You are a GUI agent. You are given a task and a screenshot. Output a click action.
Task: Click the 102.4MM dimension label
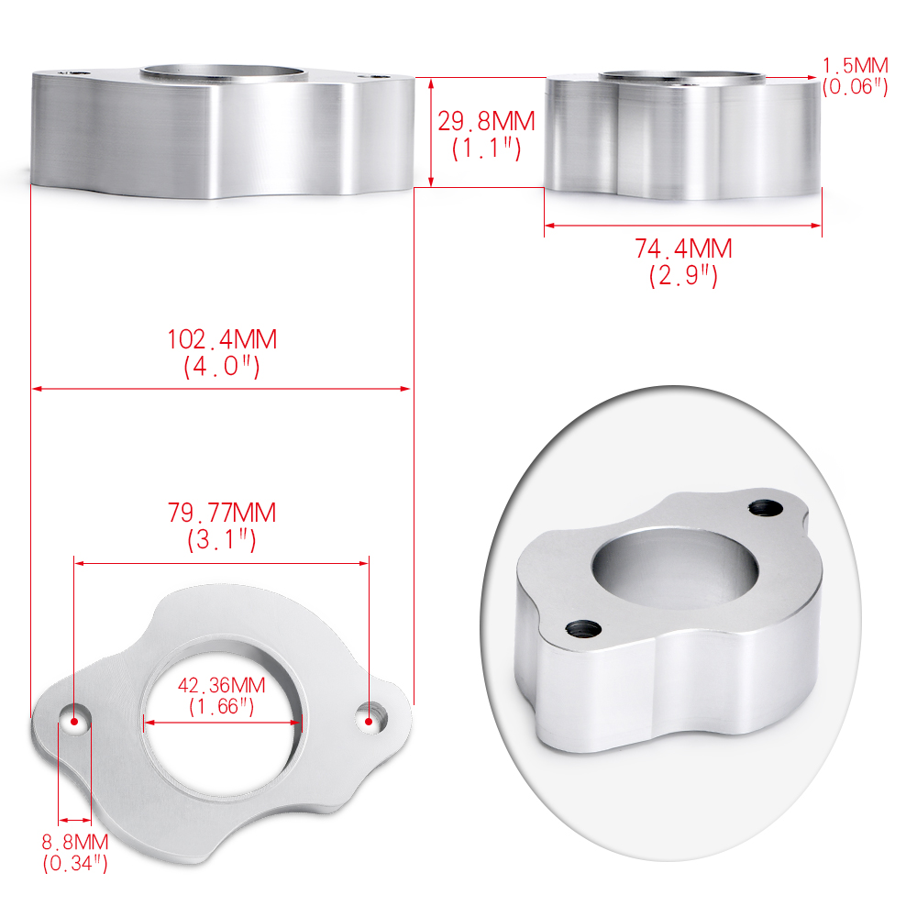(222, 340)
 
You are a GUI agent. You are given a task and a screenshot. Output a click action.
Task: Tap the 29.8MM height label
(487, 122)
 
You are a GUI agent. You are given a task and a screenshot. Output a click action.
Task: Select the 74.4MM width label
(684, 249)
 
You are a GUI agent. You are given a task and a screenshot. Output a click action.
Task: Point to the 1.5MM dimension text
(856, 65)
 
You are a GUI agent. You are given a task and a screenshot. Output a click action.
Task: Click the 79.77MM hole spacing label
(222, 513)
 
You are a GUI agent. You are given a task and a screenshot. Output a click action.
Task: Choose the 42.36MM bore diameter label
(222, 685)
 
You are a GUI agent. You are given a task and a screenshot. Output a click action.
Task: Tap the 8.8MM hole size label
(75, 842)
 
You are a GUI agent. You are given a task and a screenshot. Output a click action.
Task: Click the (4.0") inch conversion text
(222, 367)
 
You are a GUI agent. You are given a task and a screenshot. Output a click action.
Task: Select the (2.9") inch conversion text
(684, 275)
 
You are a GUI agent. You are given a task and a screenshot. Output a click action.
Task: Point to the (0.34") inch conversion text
(75, 863)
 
